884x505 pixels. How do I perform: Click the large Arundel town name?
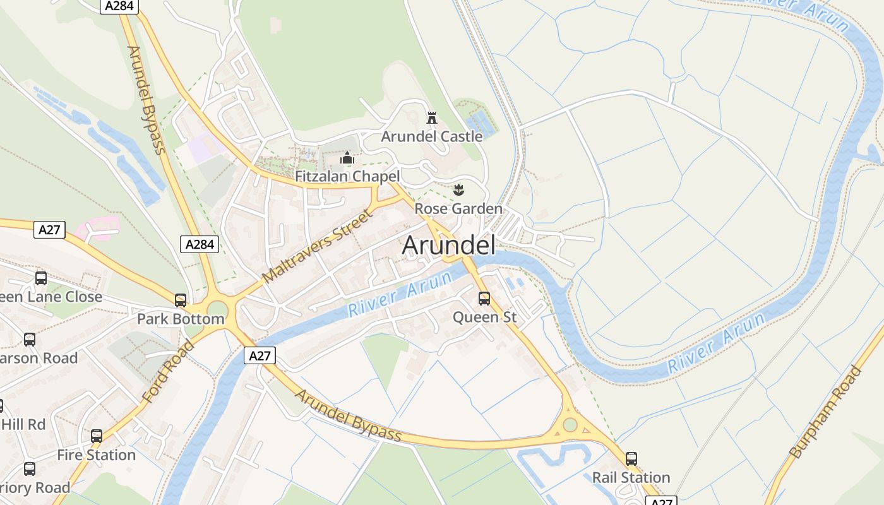click(448, 246)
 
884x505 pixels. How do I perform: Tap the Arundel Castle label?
click(432, 136)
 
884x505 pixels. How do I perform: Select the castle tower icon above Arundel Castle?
click(432, 117)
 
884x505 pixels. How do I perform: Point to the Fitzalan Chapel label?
click(347, 176)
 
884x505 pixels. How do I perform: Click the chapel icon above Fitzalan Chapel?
click(347, 158)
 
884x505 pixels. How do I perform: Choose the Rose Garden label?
click(458, 208)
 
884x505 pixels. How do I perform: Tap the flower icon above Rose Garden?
click(458, 189)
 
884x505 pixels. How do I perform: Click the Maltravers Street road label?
click(317, 246)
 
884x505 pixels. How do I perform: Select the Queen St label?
click(484, 317)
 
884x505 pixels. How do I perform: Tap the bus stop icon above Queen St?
click(484, 299)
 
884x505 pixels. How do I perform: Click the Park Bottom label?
click(181, 319)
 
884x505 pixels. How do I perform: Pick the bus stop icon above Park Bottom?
click(181, 300)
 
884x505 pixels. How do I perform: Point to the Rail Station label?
click(631, 477)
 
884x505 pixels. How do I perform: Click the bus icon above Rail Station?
click(631, 459)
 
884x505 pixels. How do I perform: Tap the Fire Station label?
click(96, 454)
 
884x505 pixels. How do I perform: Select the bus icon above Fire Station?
click(96, 436)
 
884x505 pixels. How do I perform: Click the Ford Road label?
click(169, 371)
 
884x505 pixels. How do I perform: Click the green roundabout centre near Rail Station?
click(570, 425)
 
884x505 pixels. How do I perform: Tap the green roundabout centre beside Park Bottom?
click(217, 310)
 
